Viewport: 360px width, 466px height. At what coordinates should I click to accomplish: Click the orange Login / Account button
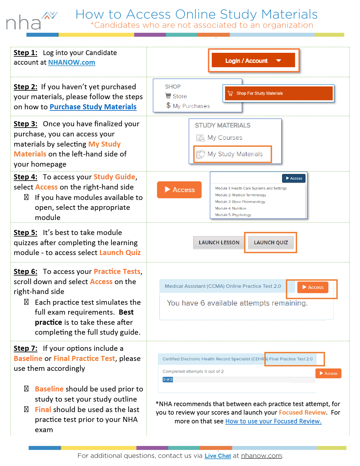pyautogui.click(x=253, y=60)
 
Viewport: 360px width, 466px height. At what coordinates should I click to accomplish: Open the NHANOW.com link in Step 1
pyautogui.click(x=71, y=62)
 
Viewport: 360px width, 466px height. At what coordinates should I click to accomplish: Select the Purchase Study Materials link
pyautogui.click(x=93, y=107)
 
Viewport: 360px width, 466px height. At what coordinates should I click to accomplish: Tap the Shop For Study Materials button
pyautogui.click(x=279, y=93)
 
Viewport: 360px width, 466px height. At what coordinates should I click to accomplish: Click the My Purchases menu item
pyautogui.click(x=191, y=106)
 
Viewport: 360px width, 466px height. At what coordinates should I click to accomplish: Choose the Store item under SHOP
pyautogui.click(x=180, y=96)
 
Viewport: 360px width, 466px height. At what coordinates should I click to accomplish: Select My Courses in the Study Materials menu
pyautogui.click(x=224, y=138)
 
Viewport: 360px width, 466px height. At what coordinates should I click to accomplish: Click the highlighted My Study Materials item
pyautogui.click(x=235, y=154)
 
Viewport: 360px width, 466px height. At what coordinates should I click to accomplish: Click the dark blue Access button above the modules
pyautogui.click(x=294, y=178)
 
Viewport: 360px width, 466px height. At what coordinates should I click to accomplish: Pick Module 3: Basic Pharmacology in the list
pyautogui.click(x=240, y=202)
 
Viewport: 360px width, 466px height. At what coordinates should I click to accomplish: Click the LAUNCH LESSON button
pyautogui.click(x=219, y=242)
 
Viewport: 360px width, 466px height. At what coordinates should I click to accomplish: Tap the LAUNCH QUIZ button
pyautogui.click(x=271, y=242)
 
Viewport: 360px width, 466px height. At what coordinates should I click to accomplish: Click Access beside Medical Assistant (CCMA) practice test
pyautogui.click(x=313, y=287)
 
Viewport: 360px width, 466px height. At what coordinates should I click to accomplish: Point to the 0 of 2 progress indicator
pyautogui.click(x=167, y=380)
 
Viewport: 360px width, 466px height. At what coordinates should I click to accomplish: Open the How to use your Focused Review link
pyautogui.click(x=273, y=421)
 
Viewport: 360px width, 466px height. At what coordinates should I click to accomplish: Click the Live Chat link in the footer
pyautogui.click(x=218, y=456)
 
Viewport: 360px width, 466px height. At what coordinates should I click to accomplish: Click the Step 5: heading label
pyautogui.click(x=25, y=232)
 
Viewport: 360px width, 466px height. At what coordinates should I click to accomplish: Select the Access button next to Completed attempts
pyautogui.click(x=328, y=373)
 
